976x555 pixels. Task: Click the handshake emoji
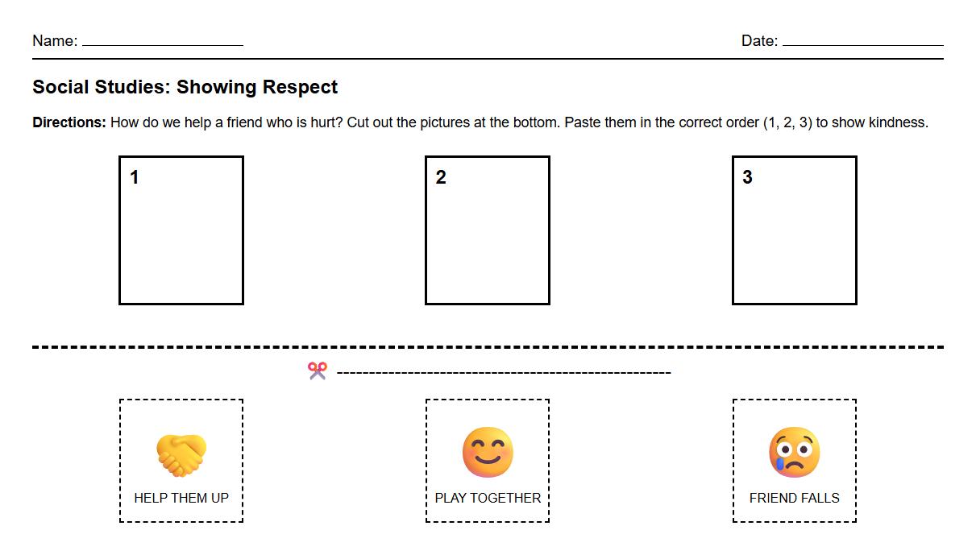181,454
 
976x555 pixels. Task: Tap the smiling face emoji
488,452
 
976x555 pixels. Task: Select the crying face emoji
794,452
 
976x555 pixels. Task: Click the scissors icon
318,371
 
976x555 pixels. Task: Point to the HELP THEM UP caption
181,498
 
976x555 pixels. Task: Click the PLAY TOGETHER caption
488,498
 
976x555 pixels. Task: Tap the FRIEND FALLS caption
794,498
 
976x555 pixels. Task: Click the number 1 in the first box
135,177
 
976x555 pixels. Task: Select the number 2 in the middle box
441,177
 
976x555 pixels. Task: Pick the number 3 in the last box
747,177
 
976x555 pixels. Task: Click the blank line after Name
162,43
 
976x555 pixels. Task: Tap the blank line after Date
862,43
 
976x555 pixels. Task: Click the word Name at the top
53,41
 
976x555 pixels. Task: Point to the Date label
758,41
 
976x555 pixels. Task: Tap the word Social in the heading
60,87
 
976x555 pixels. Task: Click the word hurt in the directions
324,123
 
